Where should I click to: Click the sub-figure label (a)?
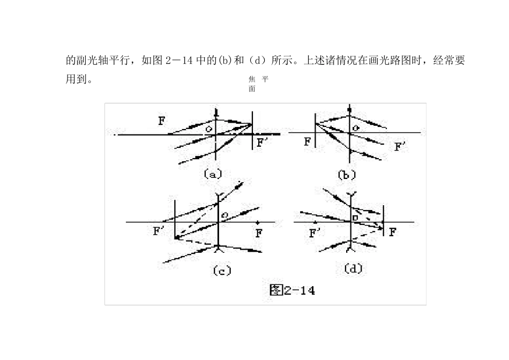pyautogui.click(x=213, y=174)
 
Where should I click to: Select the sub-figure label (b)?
pyautogui.click(x=347, y=174)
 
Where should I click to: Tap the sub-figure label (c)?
pyautogui.click(x=222, y=271)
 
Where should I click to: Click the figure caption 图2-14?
pyautogui.click(x=292, y=290)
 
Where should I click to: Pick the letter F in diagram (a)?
pyautogui.click(x=162, y=121)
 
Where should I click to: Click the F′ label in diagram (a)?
pyautogui.click(x=262, y=143)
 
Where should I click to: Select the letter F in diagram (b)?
pyautogui.click(x=307, y=142)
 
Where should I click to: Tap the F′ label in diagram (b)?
pyautogui.click(x=400, y=146)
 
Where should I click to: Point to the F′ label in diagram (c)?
pyautogui.click(x=159, y=231)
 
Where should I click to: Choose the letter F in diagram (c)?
pyautogui.click(x=259, y=233)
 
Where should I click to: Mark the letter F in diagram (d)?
pyautogui.click(x=393, y=232)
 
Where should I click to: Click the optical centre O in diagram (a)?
pyautogui.click(x=209, y=129)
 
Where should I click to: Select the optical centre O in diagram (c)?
pyautogui.click(x=225, y=215)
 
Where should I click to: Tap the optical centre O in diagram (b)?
pyautogui.click(x=356, y=128)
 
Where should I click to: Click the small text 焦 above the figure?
pyautogui.click(x=252, y=79)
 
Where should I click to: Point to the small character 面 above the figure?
pyautogui.click(x=252, y=89)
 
